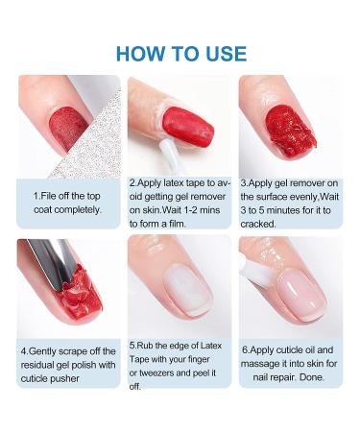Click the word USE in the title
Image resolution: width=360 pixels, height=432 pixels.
227,54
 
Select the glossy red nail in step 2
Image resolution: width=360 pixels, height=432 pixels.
187,127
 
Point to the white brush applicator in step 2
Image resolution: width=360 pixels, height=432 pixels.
170,156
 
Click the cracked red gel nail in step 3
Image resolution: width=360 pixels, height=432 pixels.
290,132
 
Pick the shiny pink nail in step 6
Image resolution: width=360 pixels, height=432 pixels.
302,293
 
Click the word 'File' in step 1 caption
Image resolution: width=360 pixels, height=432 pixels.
49,196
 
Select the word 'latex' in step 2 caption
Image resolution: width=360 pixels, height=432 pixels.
175,183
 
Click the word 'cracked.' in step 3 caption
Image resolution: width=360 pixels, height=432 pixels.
258,224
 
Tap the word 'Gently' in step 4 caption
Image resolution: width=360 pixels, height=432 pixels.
44,351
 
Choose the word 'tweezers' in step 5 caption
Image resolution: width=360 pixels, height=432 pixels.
156,372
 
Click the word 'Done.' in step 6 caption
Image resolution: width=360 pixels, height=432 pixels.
312,377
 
